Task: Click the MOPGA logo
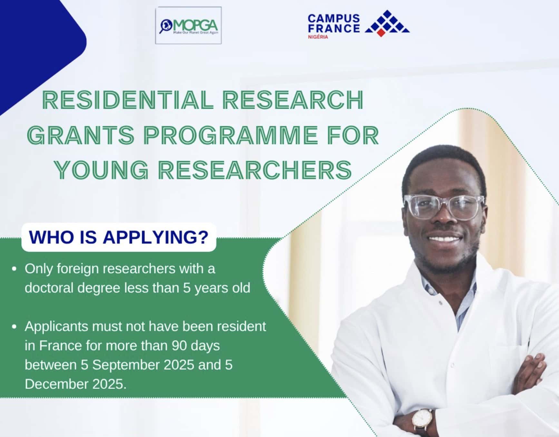(x=188, y=25)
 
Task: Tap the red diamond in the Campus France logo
(x=381, y=33)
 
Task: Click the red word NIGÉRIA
(x=318, y=37)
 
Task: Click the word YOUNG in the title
(x=102, y=170)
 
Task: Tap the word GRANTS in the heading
(x=81, y=135)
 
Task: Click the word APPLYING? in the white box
(x=156, y=238)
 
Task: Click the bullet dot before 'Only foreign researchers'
(x=14, y=269)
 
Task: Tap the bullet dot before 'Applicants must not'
(x=14, y=327)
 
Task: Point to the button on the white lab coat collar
(x=440, y=303)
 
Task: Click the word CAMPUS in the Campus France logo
(x=334, y=18)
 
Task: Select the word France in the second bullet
(x=60, y=346)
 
